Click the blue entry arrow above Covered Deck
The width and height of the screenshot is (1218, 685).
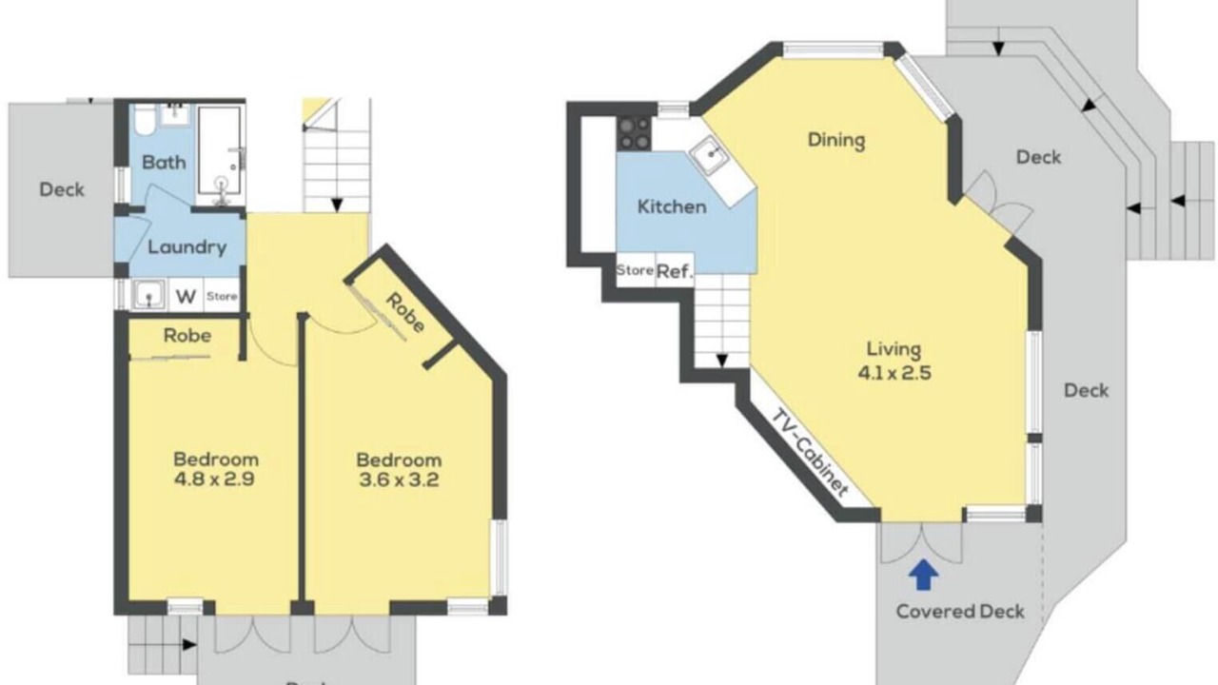click(x=923, y=576)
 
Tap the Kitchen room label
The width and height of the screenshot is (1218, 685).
click(x=672, y=206)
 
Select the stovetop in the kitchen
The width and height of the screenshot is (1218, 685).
click(x=634, y=133)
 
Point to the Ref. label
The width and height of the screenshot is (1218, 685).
click(x=675, y=271)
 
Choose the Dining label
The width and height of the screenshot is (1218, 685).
click(x=836, y=140)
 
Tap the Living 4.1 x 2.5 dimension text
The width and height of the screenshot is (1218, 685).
click(x=894, y=373)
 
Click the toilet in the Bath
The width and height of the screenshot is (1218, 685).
click(x=145, y=121)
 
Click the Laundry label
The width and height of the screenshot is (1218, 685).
click(x=187, y=247)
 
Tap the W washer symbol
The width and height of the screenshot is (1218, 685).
click(x=186, y=297)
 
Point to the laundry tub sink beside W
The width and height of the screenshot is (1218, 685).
click(x=148, y=295)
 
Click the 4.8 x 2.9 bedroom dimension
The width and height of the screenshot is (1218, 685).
click(x=214, y=479)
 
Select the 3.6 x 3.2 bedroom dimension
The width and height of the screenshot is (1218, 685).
click(x=399, y=480)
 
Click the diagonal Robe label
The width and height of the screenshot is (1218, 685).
click(x=405, y=313)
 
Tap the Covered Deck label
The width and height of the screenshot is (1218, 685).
click(x=960, y=612)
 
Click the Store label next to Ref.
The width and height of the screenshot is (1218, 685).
click(x=635, y=269)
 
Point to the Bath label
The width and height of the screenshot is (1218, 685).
click(x=164, y=162)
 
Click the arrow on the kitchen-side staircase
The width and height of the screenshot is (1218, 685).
click(x=721, y=360)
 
